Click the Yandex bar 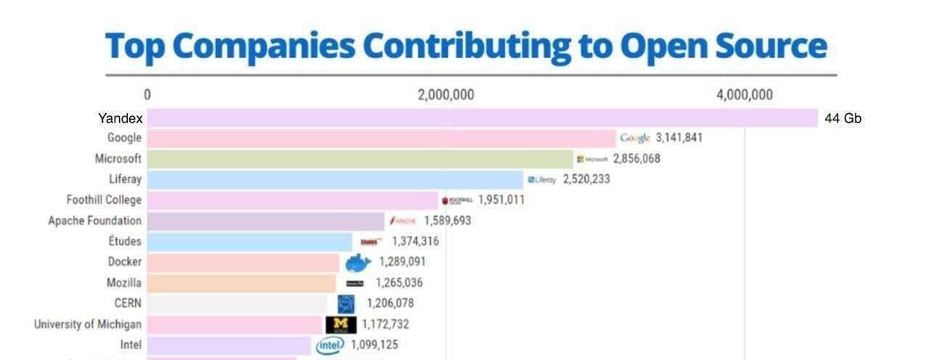pyautogui.click(x=482, y=118)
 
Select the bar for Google pyautogui.click(x=381, y=138)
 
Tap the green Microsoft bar pyautogui.click(x=360, y=159)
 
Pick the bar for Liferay pyautogui.click(x=335, y=179)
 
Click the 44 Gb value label pyautogui.click(x=843, y=118)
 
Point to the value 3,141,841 pyautogui.click(x=679, y=138)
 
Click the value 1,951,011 pyautogui.click(x=501, y=200)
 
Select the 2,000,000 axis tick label pyautogui.click(x=446, y=95)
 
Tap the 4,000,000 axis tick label pyautogui.click(x=744, y=95)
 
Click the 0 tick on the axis pyautogui.click(x=147, y=95)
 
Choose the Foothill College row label pyautogui.click(x=104, y=200)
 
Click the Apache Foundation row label pyautogui.click(x=94, y=221)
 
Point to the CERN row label pyautogui.click(x=128, y=303)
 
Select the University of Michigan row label pyautogui.click(x=88, y=324)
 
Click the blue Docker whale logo pyautogui.click(x=357, y=263)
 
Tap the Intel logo pyautogui.click(x=330, y=345)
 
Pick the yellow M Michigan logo pyautogui.click(x=341, y=324)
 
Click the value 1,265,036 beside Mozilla pyautogui.click(x=398, y=283)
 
